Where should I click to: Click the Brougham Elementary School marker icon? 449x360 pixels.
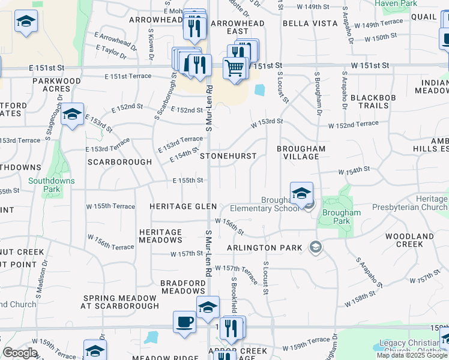pyautogui.click(x=302, y=193)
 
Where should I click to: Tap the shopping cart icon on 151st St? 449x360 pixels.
pyautogui.click(x=236, y=68)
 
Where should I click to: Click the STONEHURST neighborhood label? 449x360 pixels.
pyautogui.click(x=228, y=156)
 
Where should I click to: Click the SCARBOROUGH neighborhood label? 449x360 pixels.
pyautogui.click(x=119, y=162)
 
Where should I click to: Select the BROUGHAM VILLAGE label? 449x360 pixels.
pyautogui.click(x=301, y=152)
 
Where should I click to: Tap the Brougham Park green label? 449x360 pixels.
pyautogui.click(x=342, y=217)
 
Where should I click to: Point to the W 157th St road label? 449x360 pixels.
pyautogui.click(x=187, y=254)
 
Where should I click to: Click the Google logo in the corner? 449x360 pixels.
pyautogui.click(x=20, y=353)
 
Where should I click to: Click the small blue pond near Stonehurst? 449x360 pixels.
pyautogui.click(x=260, y=90)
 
